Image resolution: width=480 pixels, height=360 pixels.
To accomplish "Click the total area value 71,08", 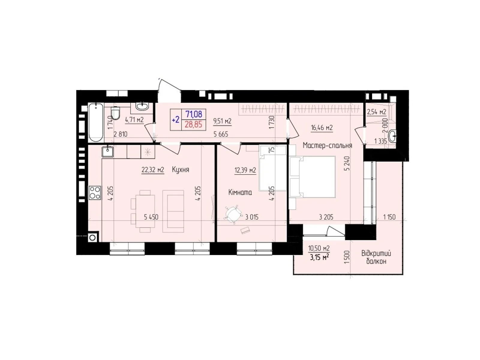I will [193, 114].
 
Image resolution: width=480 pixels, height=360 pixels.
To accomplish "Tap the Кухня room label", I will [181, 170].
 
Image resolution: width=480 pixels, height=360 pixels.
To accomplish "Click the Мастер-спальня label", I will [327, 146].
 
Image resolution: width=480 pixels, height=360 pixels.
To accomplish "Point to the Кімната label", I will [240, 193].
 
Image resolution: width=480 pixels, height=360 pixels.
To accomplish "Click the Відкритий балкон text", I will [376, 257].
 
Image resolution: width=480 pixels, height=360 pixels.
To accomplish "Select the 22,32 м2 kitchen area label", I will [153, 170].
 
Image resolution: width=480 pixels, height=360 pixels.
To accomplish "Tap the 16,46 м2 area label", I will [322, 128].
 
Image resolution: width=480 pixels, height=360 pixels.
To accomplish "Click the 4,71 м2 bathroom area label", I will [134, 120].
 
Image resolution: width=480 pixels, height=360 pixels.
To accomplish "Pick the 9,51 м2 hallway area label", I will [222, 121].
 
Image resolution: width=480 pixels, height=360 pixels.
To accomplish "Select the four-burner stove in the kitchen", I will [95, 193].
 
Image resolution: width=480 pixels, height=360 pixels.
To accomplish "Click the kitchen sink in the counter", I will [107, 152].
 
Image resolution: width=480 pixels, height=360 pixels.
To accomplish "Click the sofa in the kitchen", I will [173, 211].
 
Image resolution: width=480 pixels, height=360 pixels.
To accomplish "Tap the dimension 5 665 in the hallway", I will [221, 134].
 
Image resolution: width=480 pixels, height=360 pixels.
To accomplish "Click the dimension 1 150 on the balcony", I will [389, 217].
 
